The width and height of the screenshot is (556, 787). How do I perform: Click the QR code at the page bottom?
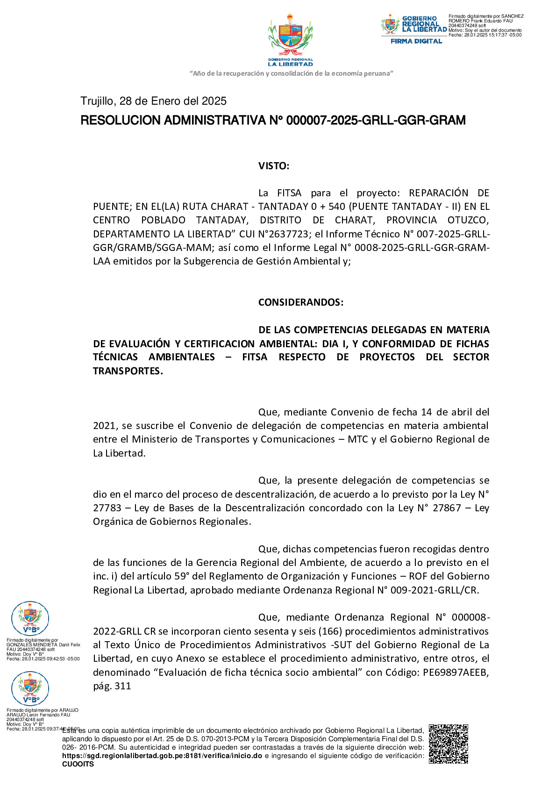coord(448,744)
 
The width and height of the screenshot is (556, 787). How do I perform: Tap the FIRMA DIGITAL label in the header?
coord(416,41)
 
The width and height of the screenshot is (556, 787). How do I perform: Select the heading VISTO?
coord(274,166)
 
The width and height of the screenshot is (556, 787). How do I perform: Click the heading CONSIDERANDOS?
coord(300,302)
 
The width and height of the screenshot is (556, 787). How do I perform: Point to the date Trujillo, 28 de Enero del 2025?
coord(153,101)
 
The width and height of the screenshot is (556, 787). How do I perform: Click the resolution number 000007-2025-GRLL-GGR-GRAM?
coord(376,121)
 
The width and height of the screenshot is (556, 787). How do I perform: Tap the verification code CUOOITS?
coord(78,764)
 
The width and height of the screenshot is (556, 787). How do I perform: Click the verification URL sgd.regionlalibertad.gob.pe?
coord(162,756)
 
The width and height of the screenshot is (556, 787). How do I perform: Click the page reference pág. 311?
coord(112,686)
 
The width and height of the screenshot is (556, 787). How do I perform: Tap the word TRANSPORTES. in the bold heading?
coord(128,371)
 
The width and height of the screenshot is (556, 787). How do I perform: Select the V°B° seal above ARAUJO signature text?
coord(30,688)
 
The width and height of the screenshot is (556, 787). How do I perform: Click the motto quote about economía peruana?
coord(291,73)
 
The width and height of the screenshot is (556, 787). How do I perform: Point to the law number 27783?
coord(107,508)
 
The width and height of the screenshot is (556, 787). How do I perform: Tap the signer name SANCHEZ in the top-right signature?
coord(513,16)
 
